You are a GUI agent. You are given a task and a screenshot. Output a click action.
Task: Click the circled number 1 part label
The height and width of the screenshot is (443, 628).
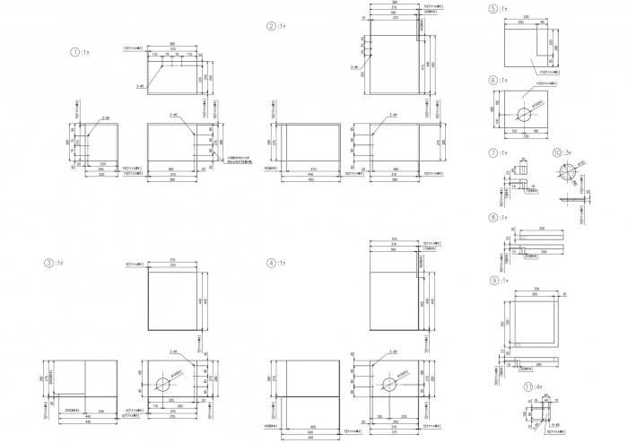tap(74, 52)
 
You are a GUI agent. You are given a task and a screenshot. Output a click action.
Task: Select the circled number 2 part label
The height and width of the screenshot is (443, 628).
tap(271, 26)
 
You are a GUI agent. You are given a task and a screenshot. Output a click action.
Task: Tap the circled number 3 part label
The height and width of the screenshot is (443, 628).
tap(48, 263)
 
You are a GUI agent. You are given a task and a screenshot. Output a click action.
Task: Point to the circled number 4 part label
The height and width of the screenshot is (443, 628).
tap(271, 263)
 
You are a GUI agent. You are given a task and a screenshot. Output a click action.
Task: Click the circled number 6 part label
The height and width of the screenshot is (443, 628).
tap(493, 80)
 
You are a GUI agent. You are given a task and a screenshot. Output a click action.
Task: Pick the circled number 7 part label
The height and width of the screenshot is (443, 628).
tap(493, 153)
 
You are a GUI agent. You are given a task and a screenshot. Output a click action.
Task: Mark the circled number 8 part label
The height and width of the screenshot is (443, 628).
tap(493, 218)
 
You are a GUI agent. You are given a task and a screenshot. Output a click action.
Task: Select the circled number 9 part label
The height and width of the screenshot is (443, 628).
tap(493, 281)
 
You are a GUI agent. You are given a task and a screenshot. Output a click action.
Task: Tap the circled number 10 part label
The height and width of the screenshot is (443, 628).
tap(557, 152)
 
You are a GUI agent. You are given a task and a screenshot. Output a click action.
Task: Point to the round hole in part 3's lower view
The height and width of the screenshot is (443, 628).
tap(162, 384)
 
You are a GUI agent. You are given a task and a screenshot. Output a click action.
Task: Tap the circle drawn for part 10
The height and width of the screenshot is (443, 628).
tap(567, 171)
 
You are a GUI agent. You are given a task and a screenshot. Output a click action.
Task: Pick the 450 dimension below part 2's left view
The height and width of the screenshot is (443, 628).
tap(310, 179)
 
